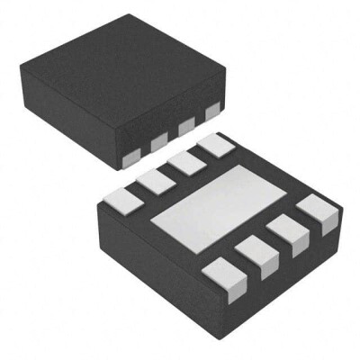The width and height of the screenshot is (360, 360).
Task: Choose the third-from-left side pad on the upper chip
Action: coord(187,127)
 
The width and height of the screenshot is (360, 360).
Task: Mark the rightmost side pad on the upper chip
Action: coord(212,112)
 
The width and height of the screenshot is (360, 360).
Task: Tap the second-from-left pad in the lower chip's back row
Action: coord(155,179)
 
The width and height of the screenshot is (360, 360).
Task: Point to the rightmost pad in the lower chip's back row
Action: coord(214,147)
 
